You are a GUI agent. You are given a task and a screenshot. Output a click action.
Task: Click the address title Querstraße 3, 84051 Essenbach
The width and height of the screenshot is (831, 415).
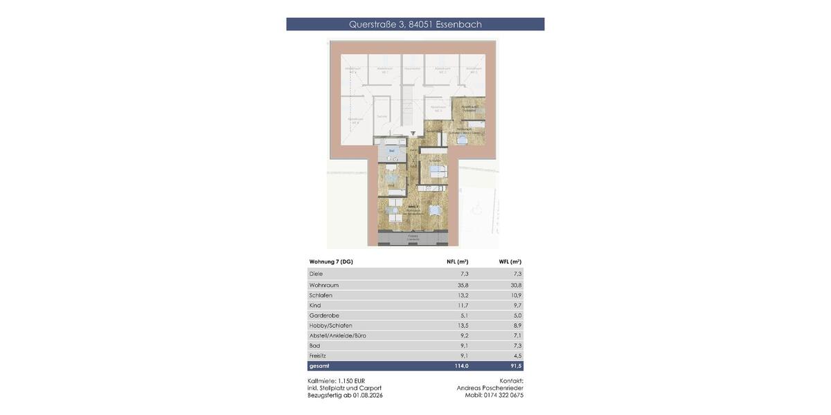point(415,24)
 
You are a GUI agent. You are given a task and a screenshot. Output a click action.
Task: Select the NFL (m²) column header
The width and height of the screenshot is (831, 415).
point(457,262)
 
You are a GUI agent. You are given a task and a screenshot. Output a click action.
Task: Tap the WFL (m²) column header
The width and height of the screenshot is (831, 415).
point(510,262)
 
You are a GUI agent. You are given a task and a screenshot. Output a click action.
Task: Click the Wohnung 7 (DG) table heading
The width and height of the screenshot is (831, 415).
point(331,262)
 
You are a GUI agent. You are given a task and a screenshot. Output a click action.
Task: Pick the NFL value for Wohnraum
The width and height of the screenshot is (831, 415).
point(463,285)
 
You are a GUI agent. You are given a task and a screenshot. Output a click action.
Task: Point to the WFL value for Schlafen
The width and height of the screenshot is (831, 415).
point(516,295)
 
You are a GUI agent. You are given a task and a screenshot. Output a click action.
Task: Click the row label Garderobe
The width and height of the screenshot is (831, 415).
point(324,315)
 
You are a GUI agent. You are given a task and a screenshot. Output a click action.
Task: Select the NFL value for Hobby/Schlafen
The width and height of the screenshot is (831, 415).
point(463,326)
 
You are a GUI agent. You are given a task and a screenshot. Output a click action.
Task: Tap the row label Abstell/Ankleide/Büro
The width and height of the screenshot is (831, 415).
point(338,335)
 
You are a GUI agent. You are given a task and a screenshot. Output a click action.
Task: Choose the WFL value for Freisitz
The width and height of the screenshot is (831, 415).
point(517,356)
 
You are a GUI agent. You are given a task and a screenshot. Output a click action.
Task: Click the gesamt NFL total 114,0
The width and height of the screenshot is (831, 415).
point(461,366)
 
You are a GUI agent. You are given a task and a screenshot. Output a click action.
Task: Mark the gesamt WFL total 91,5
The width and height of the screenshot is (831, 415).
point(516,366)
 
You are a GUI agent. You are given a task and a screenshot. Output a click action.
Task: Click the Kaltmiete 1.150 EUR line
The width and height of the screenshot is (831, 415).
point(336,381)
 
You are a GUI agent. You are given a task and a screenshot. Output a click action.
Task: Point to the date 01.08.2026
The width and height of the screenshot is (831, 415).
point(368,396)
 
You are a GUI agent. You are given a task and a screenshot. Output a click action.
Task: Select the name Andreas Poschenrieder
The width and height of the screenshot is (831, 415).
point(490,388)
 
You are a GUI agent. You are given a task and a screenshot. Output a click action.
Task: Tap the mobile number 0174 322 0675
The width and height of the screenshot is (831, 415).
point(503,396)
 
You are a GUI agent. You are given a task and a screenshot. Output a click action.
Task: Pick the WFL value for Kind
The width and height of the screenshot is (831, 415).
point(517,305)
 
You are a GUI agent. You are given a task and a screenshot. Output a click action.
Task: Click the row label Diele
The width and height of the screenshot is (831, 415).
point(316,274)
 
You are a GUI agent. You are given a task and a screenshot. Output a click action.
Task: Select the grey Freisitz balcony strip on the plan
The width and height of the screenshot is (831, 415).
point(413,239)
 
